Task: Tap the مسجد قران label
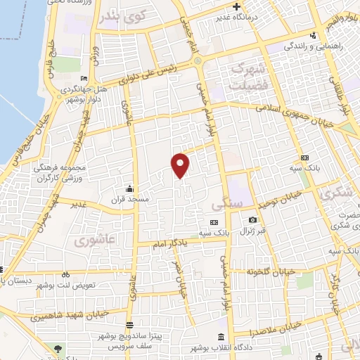pyautogui.click(x=129, y=200)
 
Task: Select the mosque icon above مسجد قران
pyautogui.click(x=129, y=188)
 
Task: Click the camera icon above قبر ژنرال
pyautogui.click(x=252, y=221)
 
